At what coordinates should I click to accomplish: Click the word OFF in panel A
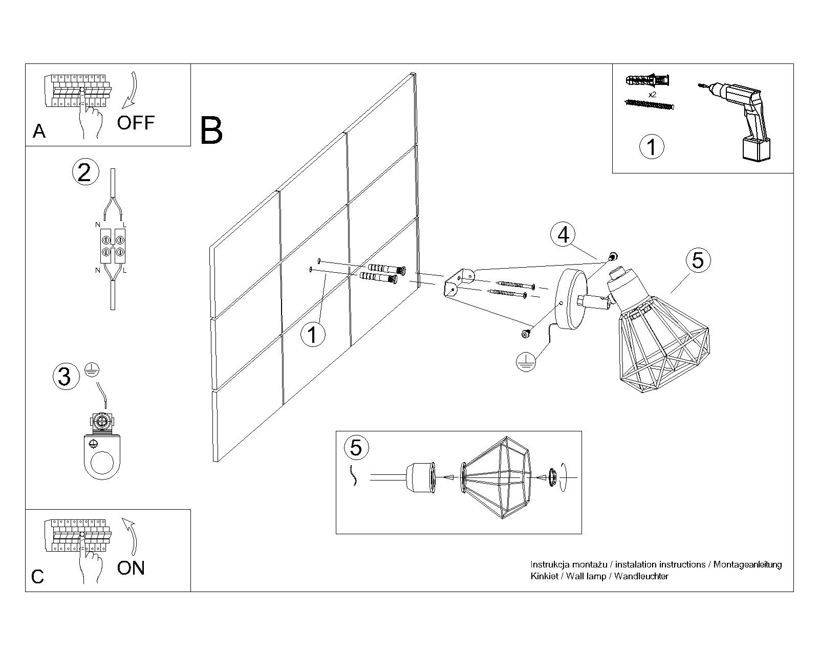(x=136, y=123)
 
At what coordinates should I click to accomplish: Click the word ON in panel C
(x=131, y=568)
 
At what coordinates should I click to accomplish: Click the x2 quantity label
(x=652, y=95)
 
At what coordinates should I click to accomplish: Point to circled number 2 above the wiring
(x=84, y=172)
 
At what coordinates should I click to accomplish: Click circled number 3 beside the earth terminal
(x=66, y=377)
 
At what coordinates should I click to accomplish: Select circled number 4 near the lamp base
(x=563, y=235)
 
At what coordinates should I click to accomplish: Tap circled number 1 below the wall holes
(x=313, y=335)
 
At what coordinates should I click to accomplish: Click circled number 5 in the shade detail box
(x=356, y=447)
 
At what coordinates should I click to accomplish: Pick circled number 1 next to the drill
(x=652, y=147)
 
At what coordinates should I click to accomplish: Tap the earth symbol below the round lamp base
(x=526, y=362)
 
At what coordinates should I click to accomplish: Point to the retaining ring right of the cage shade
(x=553, y=477)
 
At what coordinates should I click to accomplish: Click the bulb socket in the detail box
(x=420, y=477)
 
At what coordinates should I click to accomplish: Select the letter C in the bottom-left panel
(x=38, y=577)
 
